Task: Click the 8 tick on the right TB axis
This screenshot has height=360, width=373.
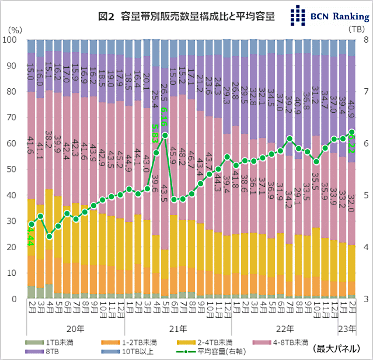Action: coord(365,40)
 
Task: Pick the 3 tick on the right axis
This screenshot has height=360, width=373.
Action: coord(365,299)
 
